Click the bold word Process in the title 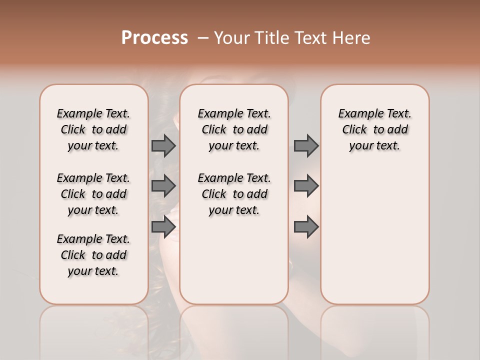[x=154, y=37]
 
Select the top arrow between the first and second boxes [x=163, y=146]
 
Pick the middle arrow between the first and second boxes [x=163, y=186]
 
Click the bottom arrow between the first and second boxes [x=163, y=227]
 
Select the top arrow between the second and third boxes [x=306, y=146]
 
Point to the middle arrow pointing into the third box [x=306, y=186]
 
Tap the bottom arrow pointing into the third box [x=306, y=227]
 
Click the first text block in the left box [x=93, y=129]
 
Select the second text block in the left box [x=93, y=194]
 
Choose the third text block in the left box [x=93, y=255]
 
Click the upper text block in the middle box [x=234, y=129]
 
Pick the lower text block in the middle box [x=234, y=194]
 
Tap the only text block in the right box [x=375, y=129]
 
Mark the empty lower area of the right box [x=375, y=235]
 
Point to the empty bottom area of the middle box [x=234, y=265]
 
